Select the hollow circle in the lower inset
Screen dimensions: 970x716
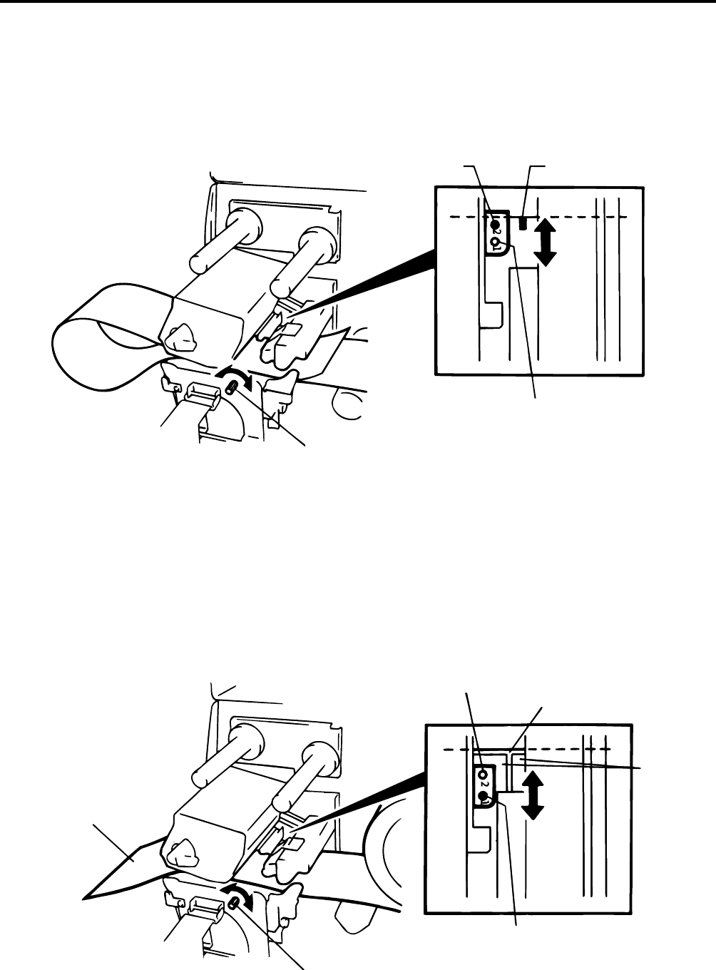[484, 774]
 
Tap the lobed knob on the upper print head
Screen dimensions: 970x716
[180, 336]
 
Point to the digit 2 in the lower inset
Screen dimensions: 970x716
[484, 787]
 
